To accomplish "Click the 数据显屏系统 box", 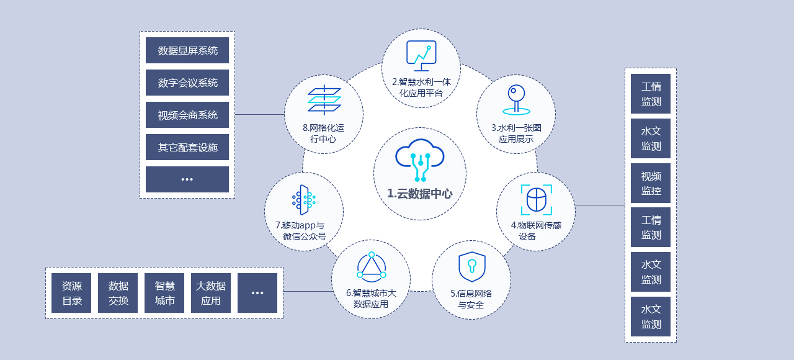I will click(x=187, y=50).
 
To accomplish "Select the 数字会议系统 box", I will click(x=187, y=83).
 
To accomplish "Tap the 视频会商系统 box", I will click(x=187, y=115).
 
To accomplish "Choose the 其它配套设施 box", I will click(x=187, y=147).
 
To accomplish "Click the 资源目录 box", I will click(x=71, y=293).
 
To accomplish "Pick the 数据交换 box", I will click(x=118, y=293).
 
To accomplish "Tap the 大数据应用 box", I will click(x=211, y=293).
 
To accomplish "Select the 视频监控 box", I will click(x=651, y=183).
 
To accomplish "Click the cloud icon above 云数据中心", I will click(x=420, y=159).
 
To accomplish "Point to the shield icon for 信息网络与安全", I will click(x=471, y=268).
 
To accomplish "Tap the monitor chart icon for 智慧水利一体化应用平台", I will click(x=421, y=55).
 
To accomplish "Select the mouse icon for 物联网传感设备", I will click(x=536, y=199).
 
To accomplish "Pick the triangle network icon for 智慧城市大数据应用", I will click(x=372, y=267).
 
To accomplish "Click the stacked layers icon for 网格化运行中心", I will click(x=324, y=100).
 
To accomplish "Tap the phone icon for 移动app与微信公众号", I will click(x=303, y=199).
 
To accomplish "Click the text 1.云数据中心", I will click(x=420, y=194).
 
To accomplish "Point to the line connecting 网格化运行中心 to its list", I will click(x=260, y=115).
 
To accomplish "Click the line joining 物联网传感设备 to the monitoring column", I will click(x=600, y=205).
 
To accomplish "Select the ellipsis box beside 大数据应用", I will click(x=257, y=293).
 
